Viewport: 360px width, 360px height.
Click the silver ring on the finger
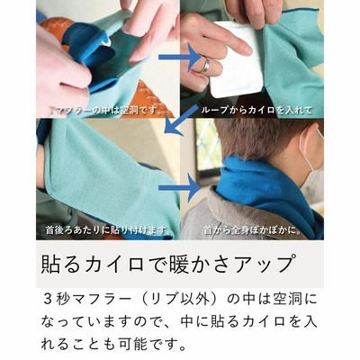[207, 64]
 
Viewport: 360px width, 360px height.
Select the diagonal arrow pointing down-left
[179, 119]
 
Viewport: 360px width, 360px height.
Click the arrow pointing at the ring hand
[179, 57]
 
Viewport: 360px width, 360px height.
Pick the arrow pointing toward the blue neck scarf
[179, 188]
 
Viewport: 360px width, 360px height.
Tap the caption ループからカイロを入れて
[256, 111]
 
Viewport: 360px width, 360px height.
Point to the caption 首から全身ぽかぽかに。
[252, 230]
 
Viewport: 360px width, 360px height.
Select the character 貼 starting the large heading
[50, 264]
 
